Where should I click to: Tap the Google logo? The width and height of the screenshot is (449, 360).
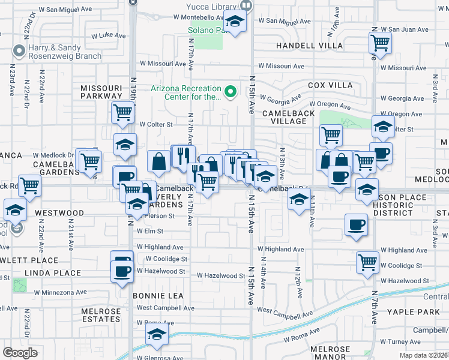(20, 353)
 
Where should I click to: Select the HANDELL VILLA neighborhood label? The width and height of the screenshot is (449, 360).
(309, 46)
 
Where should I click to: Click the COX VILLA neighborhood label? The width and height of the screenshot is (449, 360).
(330, 86)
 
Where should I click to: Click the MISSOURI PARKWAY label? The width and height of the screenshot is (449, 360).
(101, 92)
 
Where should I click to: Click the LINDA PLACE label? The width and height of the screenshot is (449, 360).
(53, 273)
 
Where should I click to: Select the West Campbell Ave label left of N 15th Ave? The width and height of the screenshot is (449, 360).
(165, 308)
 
